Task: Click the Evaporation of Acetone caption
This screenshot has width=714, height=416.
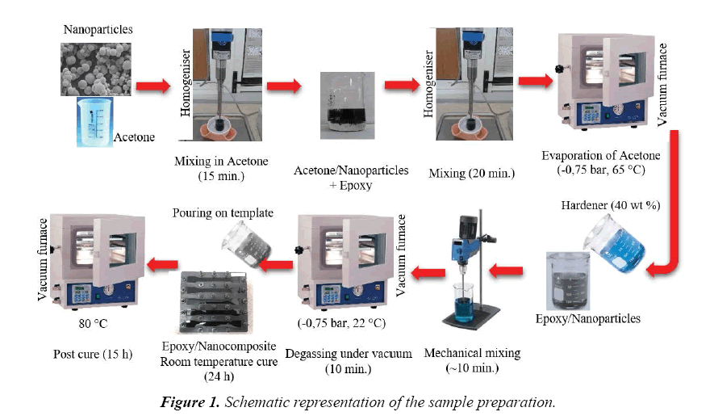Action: pyautogui.click(x=603, y=157)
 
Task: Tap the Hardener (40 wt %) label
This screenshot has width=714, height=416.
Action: pyautogui.click(x=610, y=205)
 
